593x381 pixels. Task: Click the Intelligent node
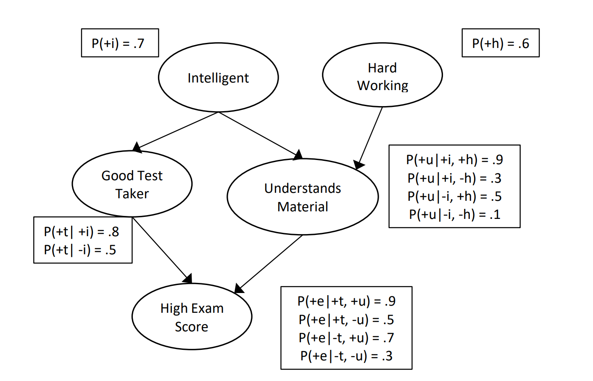point(219,77)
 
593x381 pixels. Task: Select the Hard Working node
point(382,75)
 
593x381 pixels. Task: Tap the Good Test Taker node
point(132,184)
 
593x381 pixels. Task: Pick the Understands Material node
point(303,197)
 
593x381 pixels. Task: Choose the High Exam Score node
point(192,317)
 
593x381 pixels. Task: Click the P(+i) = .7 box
point(120,43)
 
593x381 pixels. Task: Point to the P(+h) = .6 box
point(501,43)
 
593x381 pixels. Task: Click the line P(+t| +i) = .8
point(82,232)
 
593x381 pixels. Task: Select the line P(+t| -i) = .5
point(80,250)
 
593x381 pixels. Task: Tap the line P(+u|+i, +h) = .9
point(455,160)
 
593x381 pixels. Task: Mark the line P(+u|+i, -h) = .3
point(455,178)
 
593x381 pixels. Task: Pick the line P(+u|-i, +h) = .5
point(455,196)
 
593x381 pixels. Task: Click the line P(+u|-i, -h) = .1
point(455,214)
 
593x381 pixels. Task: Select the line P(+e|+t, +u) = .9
point(347,301)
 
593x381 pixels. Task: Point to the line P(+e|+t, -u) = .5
point(347,320)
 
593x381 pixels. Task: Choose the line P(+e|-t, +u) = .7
point(347,338)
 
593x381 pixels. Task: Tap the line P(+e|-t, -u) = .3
point(347,356)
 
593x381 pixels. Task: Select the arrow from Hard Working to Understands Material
point(369,138)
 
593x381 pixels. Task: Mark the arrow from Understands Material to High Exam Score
point(269,264)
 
